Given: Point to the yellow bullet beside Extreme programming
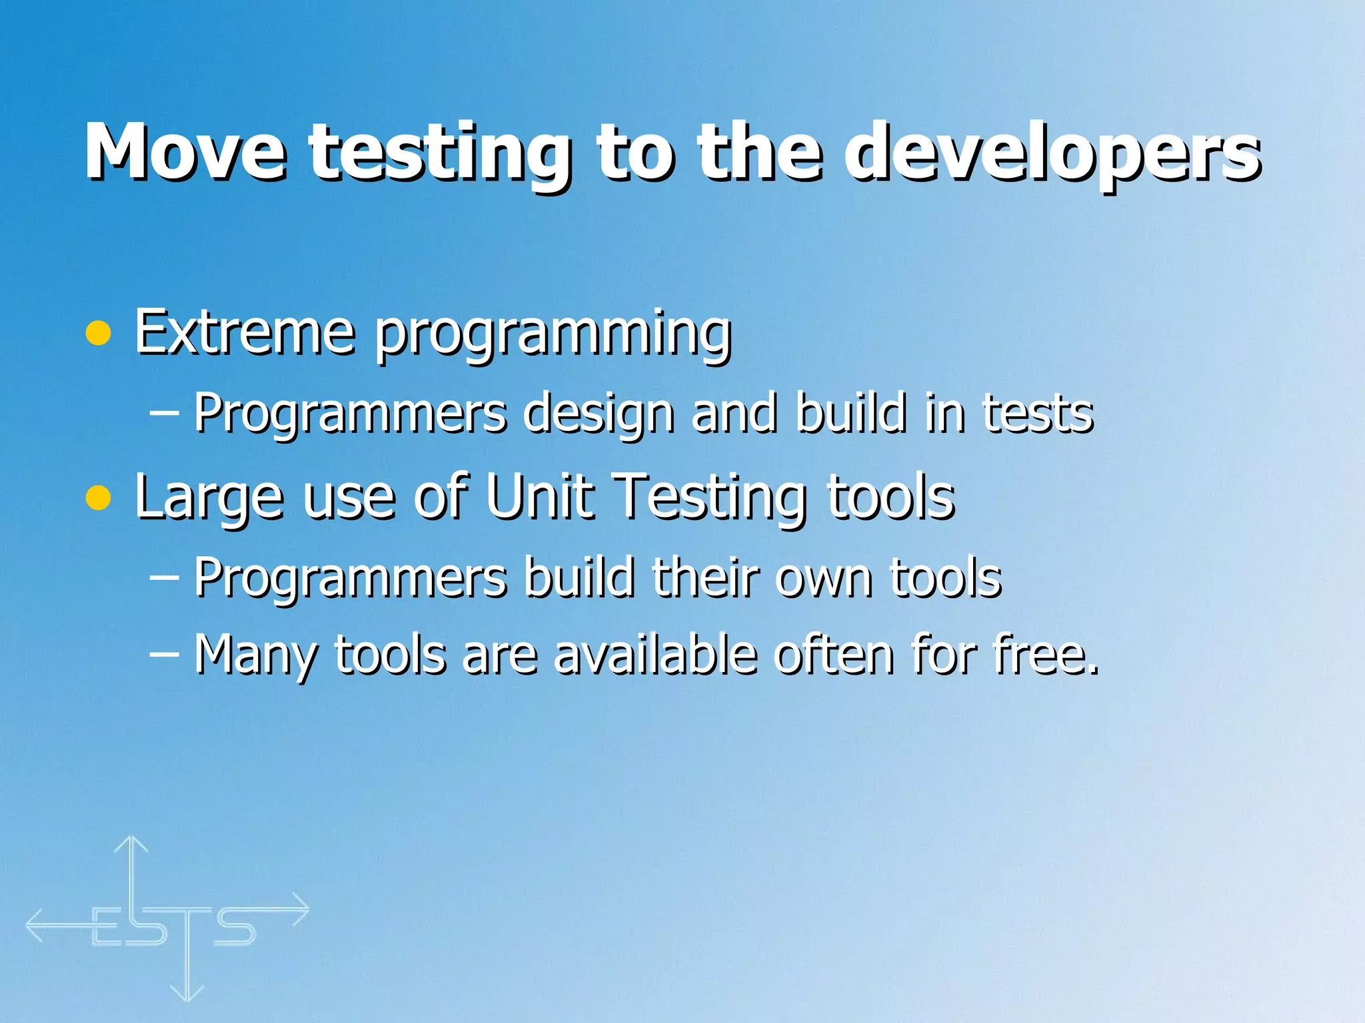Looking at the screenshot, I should click(x=99, y=333).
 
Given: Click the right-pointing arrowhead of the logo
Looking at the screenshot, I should click(x=301, y=910).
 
